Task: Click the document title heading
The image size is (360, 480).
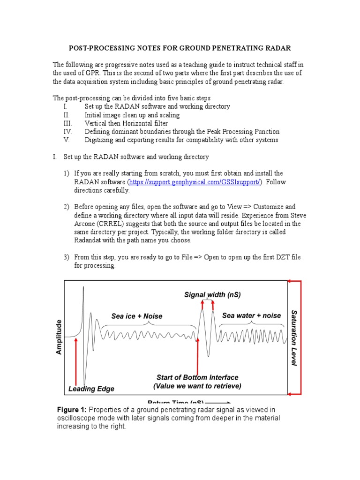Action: [x=180, y=48]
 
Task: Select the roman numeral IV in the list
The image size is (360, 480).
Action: [x=67, y=132]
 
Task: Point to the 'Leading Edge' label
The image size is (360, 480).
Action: [x=91, y=389]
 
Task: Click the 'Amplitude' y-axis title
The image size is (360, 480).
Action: [x=59, y=337]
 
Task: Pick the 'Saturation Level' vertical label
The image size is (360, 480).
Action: [x=294, y=337]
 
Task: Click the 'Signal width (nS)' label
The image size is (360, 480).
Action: [x=212, y=295]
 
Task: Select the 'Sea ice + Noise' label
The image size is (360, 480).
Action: [x=137, y=316]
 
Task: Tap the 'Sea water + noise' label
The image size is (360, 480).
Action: [x=251, y=315]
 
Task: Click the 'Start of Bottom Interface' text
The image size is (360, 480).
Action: [x=197, y=377]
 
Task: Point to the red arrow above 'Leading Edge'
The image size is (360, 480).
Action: [x=76, y=360]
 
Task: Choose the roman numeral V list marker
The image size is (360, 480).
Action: [x=67, y=140]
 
